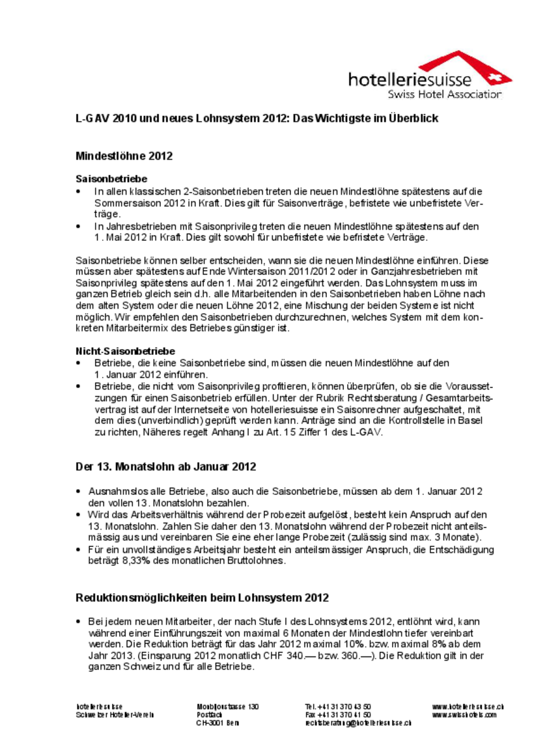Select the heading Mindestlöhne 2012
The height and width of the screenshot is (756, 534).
[x=124, y=156]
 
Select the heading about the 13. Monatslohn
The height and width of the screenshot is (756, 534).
[x=165, y=467]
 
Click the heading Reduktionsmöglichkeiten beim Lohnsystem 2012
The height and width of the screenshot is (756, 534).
[x=202, y=598]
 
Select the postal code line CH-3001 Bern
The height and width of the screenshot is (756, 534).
[x=218, y=723]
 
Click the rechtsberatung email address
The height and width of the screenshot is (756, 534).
[x=358, y=723]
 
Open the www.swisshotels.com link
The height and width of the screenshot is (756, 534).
[x=464, y=714]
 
